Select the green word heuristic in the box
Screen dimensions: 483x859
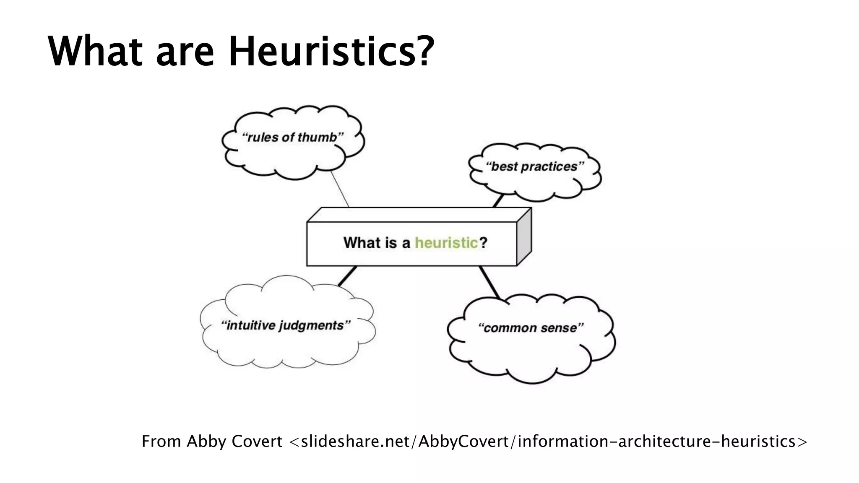pyautogui.click(x=446, y=243)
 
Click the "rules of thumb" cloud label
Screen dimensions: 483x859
pyautogui.click(x=293, y=138)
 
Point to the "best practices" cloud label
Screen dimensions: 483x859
pyautogui.click(x=535, y=167)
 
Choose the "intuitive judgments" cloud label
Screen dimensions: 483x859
pyautogui.click(x=286, y=325)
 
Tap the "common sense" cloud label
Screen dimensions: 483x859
pyautogui.click(x=531, y=328)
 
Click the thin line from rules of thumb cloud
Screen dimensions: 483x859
pyautogui.click(x=340, y=189)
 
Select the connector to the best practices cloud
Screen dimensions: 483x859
pyautogui.click(x=498, y=201)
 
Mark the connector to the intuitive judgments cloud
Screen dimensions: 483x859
pyautogui.click(x=347, y=276)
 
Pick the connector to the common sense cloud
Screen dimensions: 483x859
pyautogui.click(x=490, y=282)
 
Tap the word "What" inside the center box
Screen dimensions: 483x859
pyautogui.click(x=362, y=243)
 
